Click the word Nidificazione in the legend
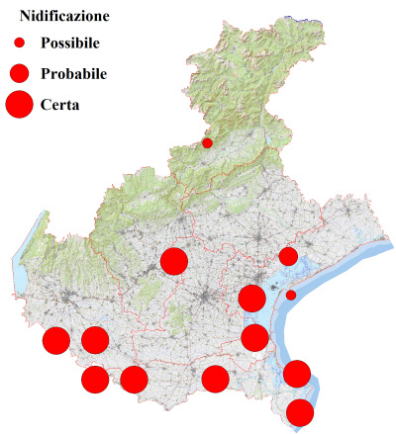point(64,17)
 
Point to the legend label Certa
point(60,104)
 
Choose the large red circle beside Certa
point(20,103)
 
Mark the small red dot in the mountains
point(207,143)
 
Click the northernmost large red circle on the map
point(174,261)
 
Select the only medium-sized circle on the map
point(288,257)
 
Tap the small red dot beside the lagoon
point(291,295)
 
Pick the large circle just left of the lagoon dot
point(251,298)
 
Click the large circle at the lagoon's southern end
point(254,338)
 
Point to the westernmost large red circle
point(56,341)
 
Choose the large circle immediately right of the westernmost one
point(95,341)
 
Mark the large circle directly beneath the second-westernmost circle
point(95,379)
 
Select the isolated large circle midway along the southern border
point(215,379)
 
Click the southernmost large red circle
point(300,412)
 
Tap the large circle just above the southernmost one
point(296,374)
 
